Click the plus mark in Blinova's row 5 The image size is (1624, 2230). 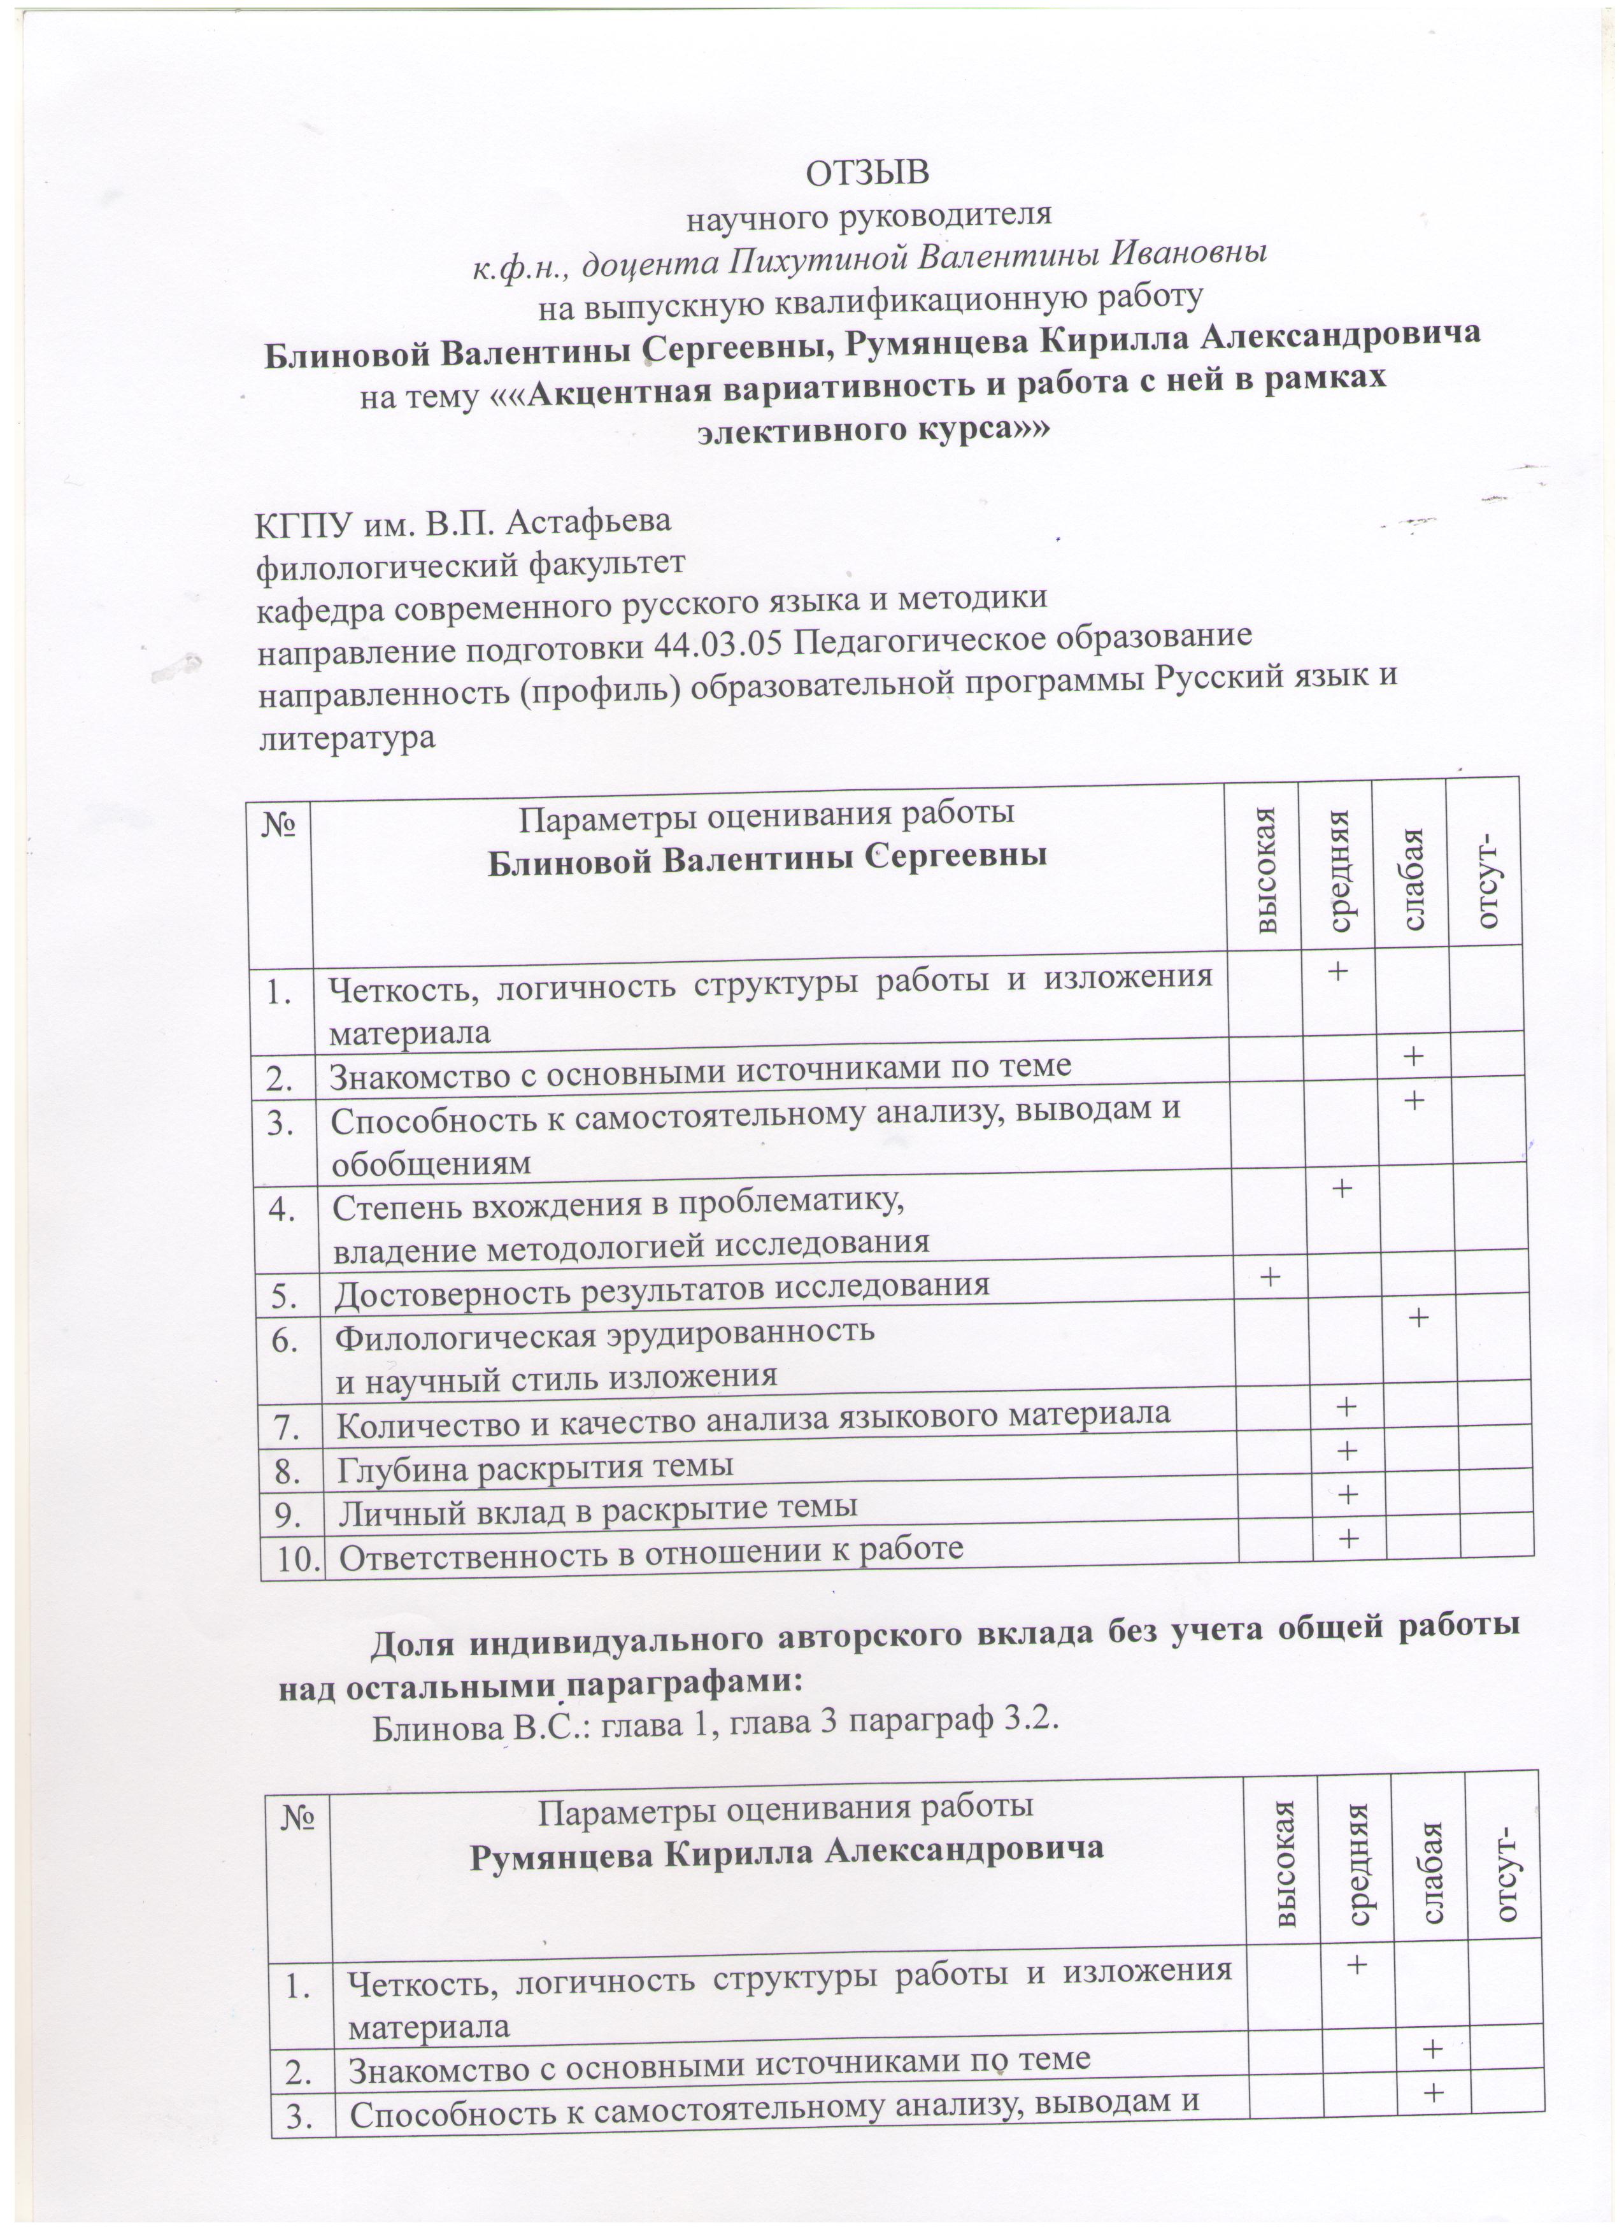point(1271,1276)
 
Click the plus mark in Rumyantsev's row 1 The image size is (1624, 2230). point(1358,1964)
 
